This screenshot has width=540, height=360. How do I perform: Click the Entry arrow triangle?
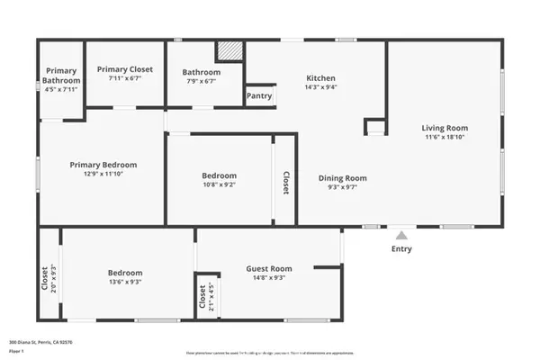pyautogui.click(x=401, y=234)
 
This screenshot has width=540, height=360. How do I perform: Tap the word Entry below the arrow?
pyautogui.click(x=401, y=249)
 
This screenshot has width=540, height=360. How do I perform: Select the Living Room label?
pyautogui.click(x=445, y=128)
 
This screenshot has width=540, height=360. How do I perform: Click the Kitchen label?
pyautogui.click(x=320, y=77)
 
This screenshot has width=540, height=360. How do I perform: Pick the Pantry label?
pyautogui.click(x=259, y=95)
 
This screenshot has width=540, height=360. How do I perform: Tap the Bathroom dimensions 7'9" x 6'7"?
pyautogui.click(x=201, y=82)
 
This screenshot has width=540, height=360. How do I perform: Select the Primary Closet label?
pyautogui.click(x=125, y=69)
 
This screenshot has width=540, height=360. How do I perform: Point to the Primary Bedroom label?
pyautogui.click(x=104, y=165)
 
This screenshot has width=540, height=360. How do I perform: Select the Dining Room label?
pyautogui.click(x=343, y=177)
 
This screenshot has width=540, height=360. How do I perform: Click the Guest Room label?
pyautogui.click(x=269, y=268)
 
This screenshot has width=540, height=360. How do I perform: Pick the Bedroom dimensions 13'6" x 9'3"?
pyautogui.click(x=125, y=283)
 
